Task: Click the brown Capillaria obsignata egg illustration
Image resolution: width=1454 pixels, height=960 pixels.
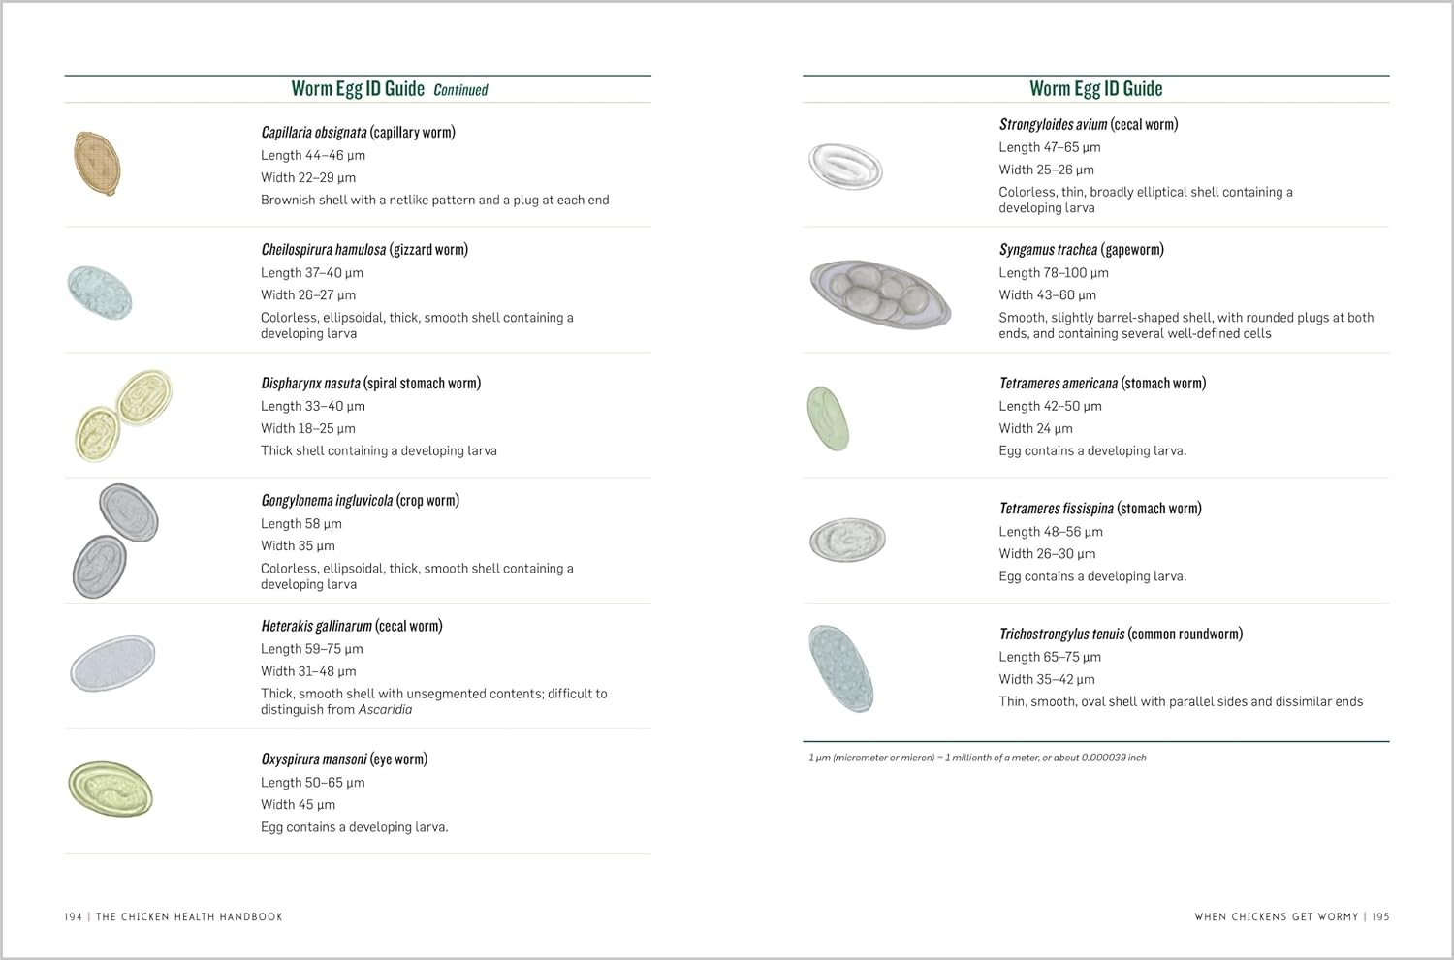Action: [97, 164]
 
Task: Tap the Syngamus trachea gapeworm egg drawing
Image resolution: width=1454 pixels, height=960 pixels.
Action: [880, 294]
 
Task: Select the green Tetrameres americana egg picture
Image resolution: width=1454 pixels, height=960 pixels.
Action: [828, 418]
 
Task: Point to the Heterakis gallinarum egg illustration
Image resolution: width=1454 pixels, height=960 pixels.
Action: [112, 664]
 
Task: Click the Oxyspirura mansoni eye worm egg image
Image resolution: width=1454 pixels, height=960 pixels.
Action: [111, 788]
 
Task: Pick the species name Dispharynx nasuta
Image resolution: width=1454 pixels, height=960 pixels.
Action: [310, 383]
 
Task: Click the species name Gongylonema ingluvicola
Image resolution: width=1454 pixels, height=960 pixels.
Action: [327, 500]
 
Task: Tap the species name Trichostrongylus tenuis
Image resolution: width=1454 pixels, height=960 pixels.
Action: [1061, 634]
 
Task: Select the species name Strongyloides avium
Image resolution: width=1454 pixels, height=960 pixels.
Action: [1053, 124]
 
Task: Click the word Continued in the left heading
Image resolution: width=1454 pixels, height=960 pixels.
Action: [460, 90]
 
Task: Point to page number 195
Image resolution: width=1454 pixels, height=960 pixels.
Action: [1380, 916]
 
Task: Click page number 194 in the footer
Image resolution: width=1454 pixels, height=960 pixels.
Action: [74, 916]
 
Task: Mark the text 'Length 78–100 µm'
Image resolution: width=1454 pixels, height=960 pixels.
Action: [1054, 273]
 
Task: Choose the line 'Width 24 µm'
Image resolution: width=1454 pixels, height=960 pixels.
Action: [1035, 428]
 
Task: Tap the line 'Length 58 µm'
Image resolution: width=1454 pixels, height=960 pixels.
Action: [301, 523]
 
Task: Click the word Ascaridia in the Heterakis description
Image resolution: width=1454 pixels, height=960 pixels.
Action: [385, 709]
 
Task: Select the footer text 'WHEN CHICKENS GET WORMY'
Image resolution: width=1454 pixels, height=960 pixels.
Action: [1276, 916]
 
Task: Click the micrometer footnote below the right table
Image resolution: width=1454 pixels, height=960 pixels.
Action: [977, 758]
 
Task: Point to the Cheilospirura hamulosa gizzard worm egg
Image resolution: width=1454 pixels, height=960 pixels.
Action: [100, 292]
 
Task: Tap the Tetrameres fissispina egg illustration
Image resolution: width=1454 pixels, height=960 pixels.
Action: [847, 540]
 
